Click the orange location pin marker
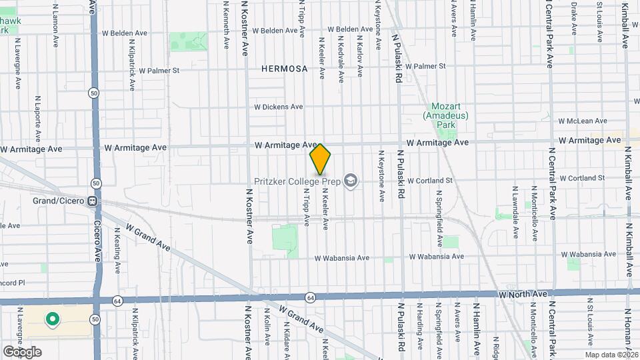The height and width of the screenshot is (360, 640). point(321,160)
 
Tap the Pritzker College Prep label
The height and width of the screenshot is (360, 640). point(297,181)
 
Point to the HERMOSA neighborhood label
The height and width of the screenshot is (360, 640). point(285,69)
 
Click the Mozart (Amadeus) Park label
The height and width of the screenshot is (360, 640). point(446,115)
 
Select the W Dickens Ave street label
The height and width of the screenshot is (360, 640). point(279,107)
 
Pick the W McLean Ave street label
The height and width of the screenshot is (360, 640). point(583,121)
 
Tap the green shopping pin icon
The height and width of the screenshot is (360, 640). point(53,319)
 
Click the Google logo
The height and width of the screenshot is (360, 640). point(22,351)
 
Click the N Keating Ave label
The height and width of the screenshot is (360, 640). point(117,251)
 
